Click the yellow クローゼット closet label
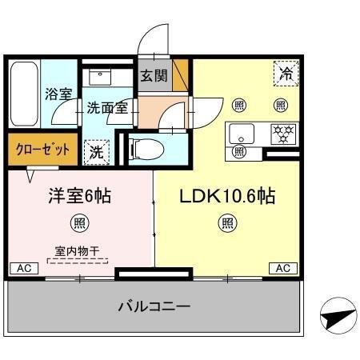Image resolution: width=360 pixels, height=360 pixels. [x=42, y=149]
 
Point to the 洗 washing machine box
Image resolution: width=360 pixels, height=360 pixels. [x=96, y=150]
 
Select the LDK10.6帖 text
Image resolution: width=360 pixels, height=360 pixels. [x=227, y=195]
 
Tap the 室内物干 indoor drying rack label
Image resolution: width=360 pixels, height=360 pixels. [x=78, y=251]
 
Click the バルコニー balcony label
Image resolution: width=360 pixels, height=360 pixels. [x=154, y=306]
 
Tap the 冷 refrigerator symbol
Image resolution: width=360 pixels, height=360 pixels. [x=286, y=74]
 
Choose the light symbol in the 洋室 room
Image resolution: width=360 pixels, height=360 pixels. [x=78, y=222]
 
